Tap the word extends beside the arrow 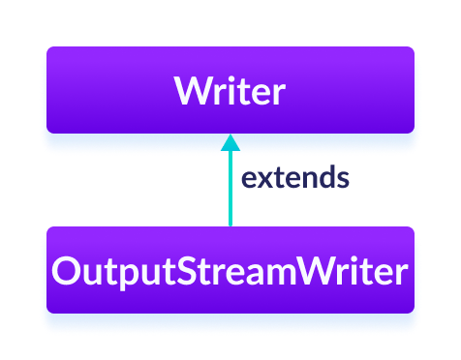294,179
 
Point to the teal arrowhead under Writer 230,142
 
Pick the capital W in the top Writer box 193,92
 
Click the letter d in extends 324,178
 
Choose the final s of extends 342,180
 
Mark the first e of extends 248,180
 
